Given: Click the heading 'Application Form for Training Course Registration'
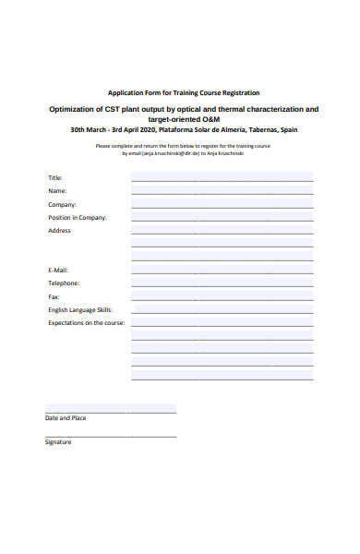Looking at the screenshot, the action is [x=184, y=92].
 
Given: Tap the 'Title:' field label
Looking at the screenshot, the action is [x=54, y=177].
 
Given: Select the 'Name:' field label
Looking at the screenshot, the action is [x=57, y=190].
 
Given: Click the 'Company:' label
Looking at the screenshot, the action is [x=62, y=204].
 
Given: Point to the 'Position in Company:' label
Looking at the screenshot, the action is [x=78, y=218].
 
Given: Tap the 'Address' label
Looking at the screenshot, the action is [x=59, y=231].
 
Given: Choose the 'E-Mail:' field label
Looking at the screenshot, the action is [x=58, y=270].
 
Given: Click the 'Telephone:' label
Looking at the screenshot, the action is [x=64, y=283].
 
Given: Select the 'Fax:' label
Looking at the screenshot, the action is [x=54, y=297].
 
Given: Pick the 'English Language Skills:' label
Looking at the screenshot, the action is [x=79, y=310].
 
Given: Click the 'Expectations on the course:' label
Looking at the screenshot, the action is [x=87, y=323].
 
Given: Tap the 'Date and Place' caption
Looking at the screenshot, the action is [x=66, y=418].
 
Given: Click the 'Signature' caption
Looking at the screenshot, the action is [x=58, y=441].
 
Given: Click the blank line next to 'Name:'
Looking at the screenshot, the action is [x=222, y=193].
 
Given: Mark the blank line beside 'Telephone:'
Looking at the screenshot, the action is [x=222, y=285].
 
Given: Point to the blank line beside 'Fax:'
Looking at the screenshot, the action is [x=222, y=299].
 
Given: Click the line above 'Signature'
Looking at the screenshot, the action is [x=111, y=436].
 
